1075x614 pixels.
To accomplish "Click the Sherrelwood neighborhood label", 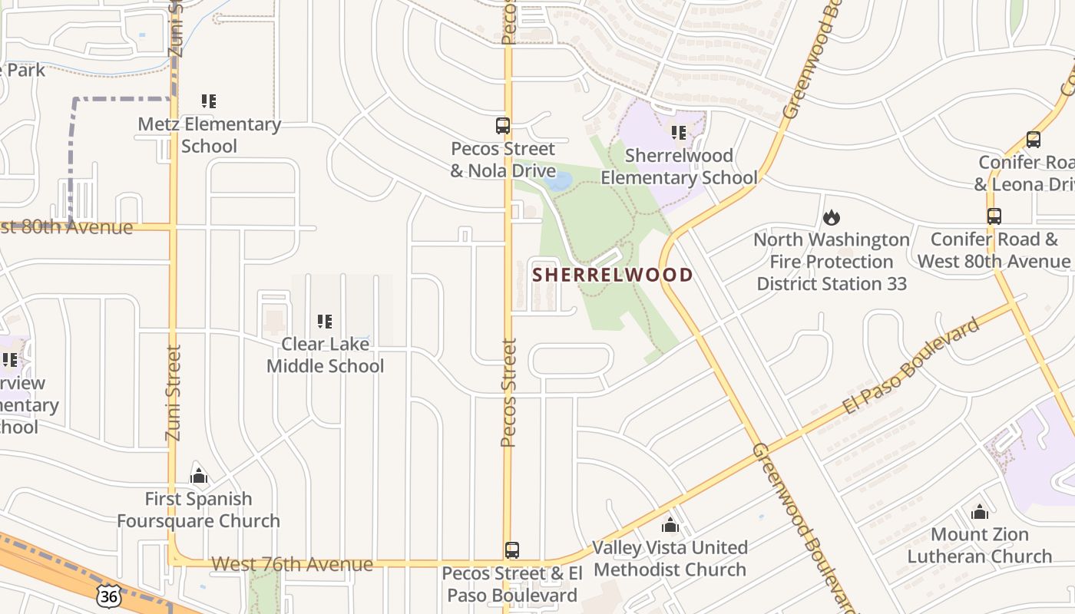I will (613, 274).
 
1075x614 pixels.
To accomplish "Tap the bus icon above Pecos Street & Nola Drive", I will (503, 125).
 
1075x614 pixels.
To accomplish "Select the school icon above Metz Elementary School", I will (209, 101).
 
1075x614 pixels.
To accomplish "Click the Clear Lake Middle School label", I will (325, 355).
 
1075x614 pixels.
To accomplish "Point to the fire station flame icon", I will (831, 218).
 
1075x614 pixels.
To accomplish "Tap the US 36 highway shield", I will (109, 595).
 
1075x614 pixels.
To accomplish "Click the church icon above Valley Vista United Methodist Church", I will (670, 525).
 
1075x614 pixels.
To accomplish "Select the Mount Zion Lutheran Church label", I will (979, 545).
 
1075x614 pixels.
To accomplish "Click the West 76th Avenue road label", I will (292, 564).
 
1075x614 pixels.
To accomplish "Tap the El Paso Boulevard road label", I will (912, 366).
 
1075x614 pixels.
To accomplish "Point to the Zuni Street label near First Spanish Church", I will (173, 393).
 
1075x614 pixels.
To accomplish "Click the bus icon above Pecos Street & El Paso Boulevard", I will (512, 550).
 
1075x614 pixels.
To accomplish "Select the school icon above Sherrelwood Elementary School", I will (679, 133).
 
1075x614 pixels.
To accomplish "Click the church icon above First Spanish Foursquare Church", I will (199, 477).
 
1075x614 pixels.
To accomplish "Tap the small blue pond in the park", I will (559, 181).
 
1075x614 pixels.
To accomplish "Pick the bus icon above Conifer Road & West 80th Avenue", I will (994, 216).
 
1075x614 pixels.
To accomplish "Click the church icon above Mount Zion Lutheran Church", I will (979, 512).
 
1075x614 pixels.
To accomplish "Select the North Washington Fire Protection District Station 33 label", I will (832, 262).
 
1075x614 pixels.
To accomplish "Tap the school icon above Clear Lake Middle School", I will (325, 321).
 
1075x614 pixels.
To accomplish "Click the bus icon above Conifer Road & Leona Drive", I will (1034, 140).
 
